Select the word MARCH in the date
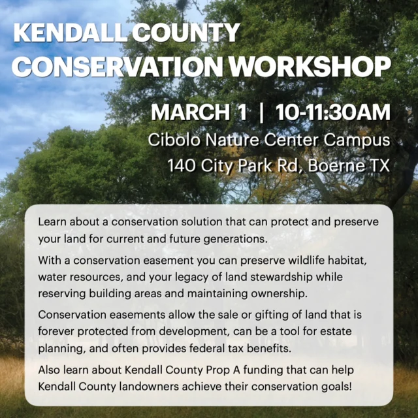click(191, 112)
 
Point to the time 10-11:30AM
click(333, 112)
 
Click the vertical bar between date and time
click(261, 112)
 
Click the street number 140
click(181, 165)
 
